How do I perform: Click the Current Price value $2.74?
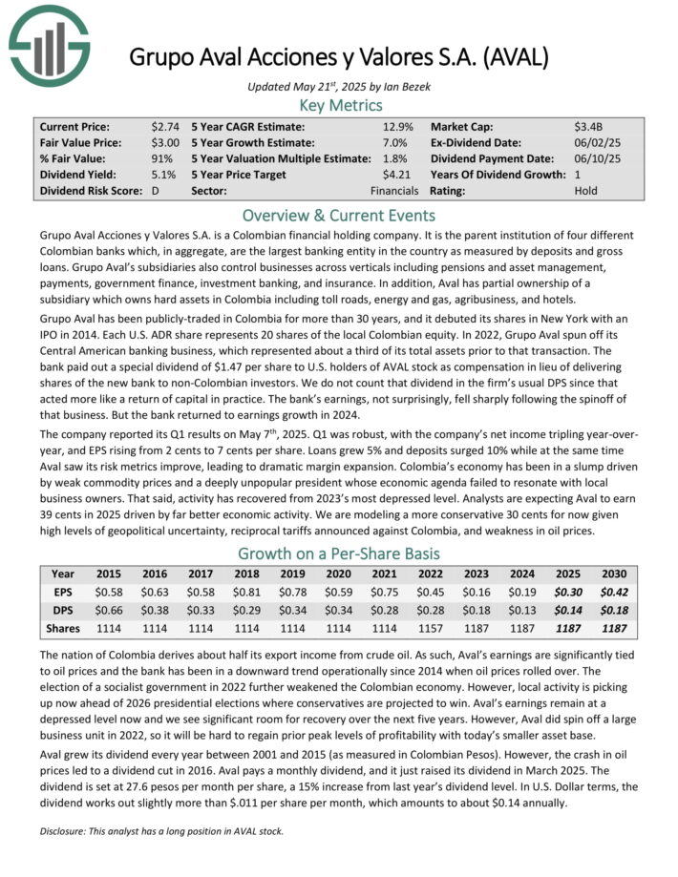click(x=163, y=126)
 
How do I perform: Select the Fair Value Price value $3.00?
click(x=163, y=142)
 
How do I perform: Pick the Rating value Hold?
click(x=585, y=191)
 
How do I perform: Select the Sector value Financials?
click(x=394, y=191)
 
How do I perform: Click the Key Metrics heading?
click(x=338, y=105)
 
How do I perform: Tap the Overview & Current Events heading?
click(x=338, y=215)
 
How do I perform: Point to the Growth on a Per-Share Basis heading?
click(x=338, y=553)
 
